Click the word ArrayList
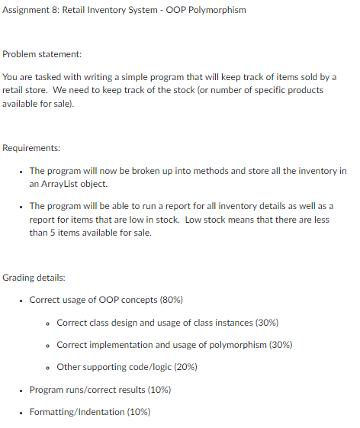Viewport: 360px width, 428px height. (65, 185)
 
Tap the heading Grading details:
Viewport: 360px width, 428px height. (37, 277)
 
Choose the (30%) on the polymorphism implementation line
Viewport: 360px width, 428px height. (276, 345)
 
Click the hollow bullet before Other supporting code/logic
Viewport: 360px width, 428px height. (48, 368)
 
